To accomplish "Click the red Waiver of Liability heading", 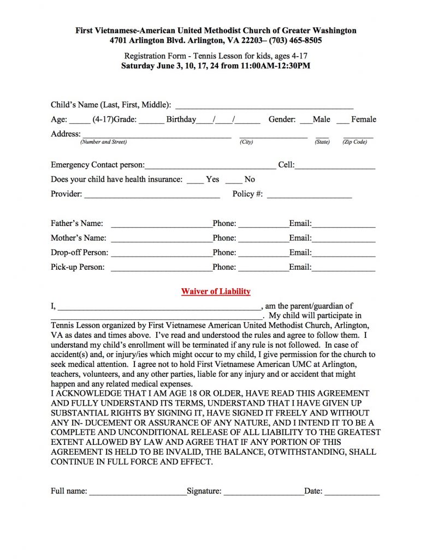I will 216,292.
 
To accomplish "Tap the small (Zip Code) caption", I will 354,142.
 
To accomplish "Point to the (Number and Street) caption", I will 103,142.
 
